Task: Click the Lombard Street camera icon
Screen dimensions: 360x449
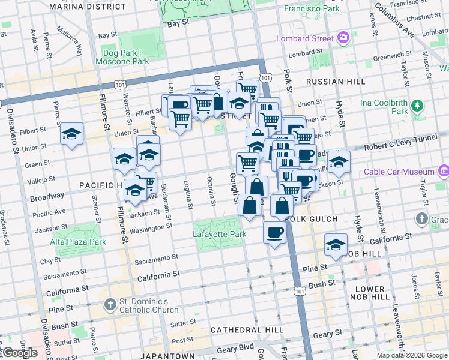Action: tap(343, 39)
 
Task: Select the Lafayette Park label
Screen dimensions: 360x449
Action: tap(220, 234)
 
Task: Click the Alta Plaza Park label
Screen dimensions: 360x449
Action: tap(78, 242)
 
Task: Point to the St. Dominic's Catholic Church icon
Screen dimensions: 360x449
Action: tap(109, 305)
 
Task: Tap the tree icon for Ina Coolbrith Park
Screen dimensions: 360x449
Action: tap(417, 107)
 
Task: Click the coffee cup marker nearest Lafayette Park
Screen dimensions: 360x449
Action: tap(275, 232)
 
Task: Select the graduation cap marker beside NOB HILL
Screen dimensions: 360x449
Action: tap(336, 244)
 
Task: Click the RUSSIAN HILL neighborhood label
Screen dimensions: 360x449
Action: tap(335, 82)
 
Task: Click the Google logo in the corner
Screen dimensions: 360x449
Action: tap(20, 353)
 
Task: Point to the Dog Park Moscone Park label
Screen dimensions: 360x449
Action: tap(125, 57)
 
